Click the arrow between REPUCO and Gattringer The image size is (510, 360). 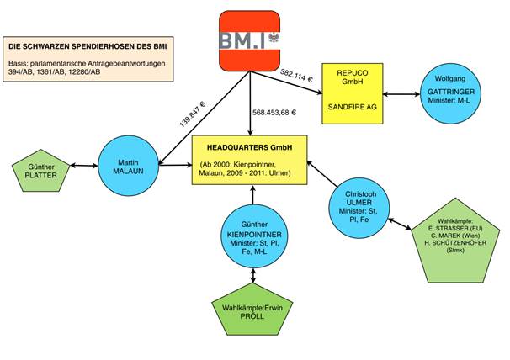click(401, 93)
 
